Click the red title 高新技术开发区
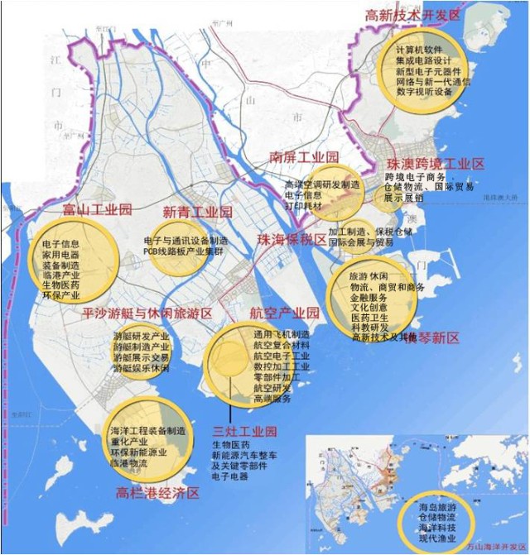click(x=413, y=15)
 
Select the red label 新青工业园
click(x=196, y=213)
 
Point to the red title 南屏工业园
click(x=305, y=156)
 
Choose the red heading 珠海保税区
click(x=291, y=240)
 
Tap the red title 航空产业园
click(x=284, y=314)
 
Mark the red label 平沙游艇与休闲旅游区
click(x=147, y=313)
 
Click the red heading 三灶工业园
click(x=244, y=432)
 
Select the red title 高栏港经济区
click(x=159, y=494)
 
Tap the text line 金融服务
click(x=369, y=295)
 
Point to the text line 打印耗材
click(x=303, y=204)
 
